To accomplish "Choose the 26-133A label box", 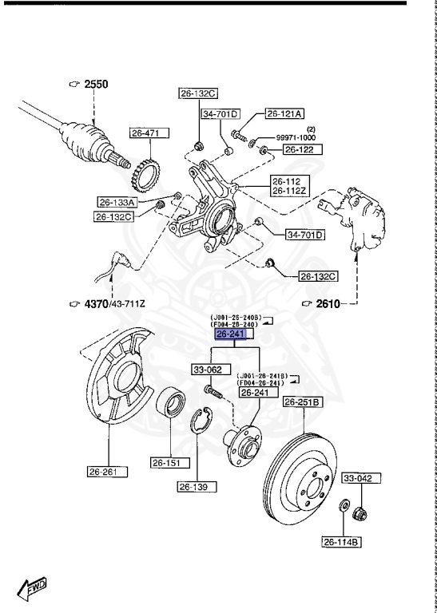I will (x=117, y=203).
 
